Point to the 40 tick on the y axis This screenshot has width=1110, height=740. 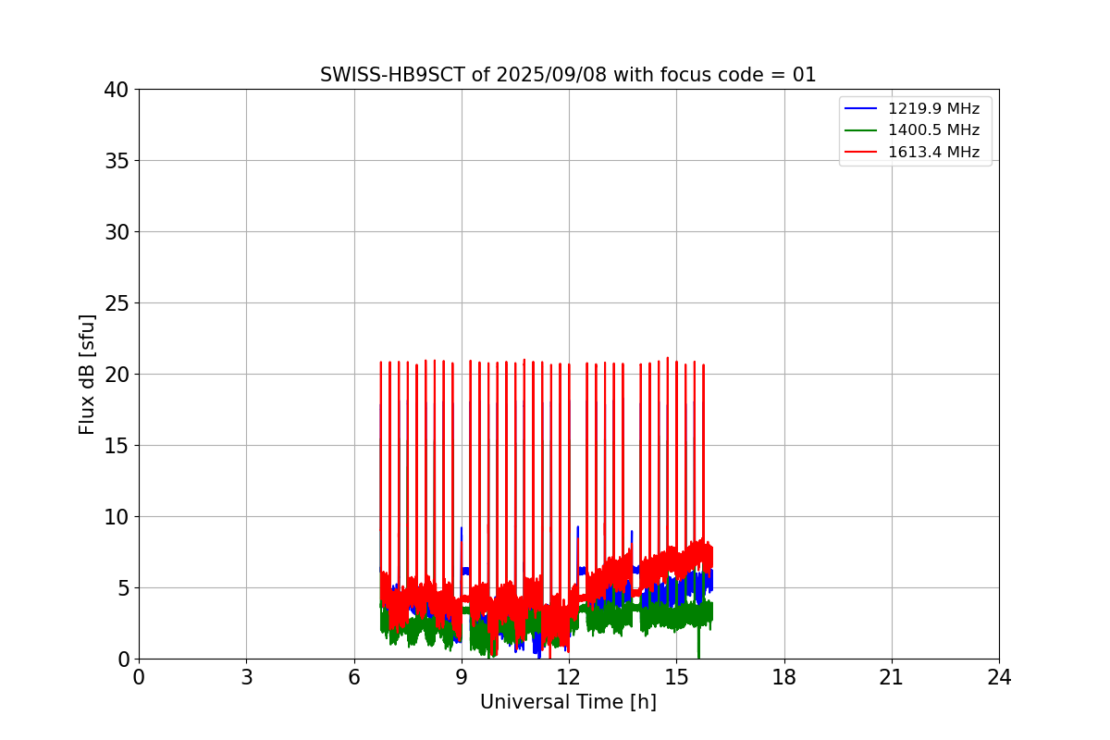coord(117,90)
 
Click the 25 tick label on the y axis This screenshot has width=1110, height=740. coord(117,303)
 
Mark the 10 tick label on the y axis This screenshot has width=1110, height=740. coord(117,517)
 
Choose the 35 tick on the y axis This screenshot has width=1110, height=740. coord(117,161)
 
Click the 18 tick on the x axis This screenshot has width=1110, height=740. coord(784,677)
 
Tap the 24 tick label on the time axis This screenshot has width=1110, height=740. coord(999,677)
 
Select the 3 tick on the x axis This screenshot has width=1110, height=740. coord(246,677)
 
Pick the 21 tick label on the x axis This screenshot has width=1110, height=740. coord(892,677)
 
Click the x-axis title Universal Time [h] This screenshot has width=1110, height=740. coord(568,703)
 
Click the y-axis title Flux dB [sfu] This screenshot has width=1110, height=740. coord(87,374)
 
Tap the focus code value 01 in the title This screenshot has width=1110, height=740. coord(804,75)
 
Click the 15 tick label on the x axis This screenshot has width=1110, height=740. coord(676,677)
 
